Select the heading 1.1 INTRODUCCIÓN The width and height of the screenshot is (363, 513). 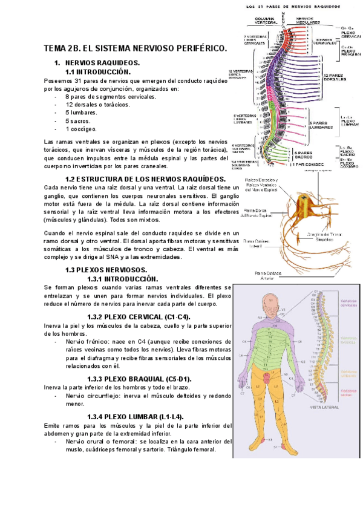[100, 71]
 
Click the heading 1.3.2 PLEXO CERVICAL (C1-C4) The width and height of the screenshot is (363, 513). [139, 316]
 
